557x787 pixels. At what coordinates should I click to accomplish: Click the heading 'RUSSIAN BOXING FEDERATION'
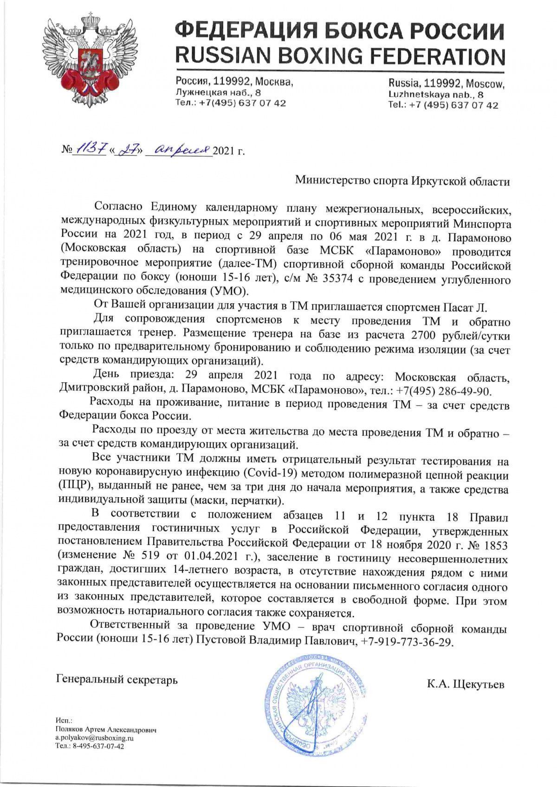coord(339,56)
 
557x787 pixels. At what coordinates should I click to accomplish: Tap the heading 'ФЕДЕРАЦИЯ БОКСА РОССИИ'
coord(339,30)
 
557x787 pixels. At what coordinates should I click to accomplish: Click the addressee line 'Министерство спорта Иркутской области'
coord(403,181)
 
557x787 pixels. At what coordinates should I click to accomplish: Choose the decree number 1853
coord(494,544)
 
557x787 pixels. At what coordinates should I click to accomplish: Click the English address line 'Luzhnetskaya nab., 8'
coord(436,95)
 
